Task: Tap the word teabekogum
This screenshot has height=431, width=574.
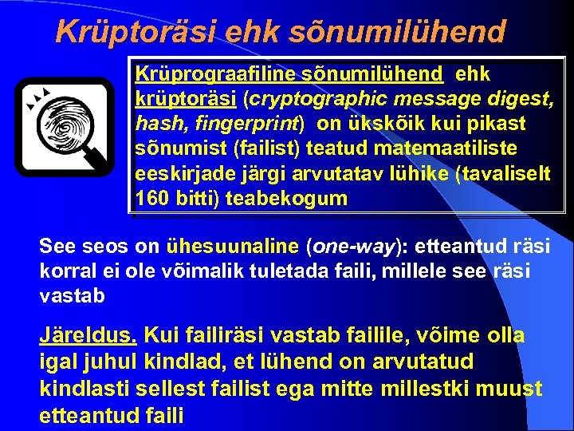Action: [x=286, y=199]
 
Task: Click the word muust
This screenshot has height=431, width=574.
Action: [x=515, y=389]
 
